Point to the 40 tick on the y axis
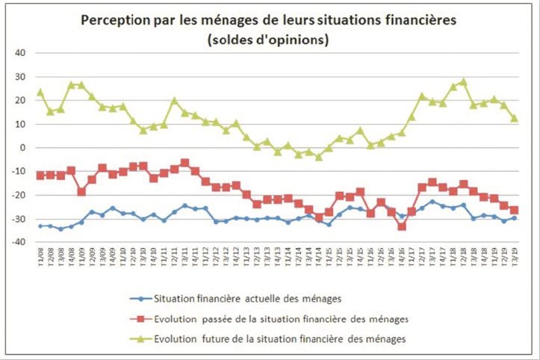[19, 53]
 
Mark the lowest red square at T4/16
[401, 226]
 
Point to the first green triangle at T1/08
[40, 93]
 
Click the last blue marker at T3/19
[514, 218]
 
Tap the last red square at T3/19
[514, 210]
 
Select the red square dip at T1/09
[81, 192]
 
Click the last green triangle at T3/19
[514, 118]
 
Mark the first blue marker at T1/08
[40, 226]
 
